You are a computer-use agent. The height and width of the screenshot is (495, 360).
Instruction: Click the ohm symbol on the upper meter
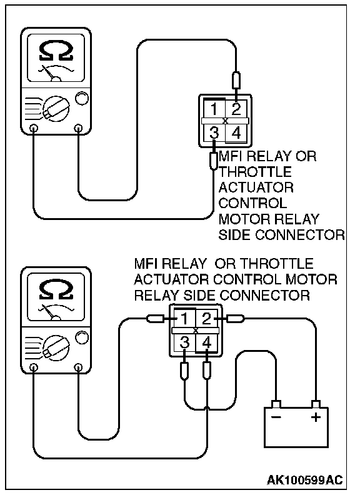point(56,52)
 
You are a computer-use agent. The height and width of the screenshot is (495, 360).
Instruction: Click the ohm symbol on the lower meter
point(56,291)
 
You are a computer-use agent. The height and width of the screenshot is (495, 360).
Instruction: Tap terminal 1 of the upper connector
point(214,109)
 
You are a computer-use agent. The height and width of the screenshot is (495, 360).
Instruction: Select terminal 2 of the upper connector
point(236,109)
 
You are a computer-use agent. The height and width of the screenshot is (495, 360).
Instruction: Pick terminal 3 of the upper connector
point(214,133)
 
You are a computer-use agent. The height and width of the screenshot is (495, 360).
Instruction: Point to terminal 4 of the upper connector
point(236,133)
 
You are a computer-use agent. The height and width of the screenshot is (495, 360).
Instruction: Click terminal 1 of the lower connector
point(185,319)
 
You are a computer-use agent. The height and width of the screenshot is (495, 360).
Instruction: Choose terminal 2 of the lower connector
point(206,319)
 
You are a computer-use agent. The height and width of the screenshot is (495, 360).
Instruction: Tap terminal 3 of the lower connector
point(185,342)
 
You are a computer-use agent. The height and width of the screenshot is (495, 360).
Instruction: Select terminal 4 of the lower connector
point(206,342)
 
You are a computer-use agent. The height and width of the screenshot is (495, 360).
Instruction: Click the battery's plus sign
point(316,417)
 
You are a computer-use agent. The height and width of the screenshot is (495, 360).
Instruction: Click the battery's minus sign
point(276,417)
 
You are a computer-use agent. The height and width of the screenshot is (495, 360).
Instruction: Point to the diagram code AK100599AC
point(305,480)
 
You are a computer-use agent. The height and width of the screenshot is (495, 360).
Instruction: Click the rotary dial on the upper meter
point(56,109)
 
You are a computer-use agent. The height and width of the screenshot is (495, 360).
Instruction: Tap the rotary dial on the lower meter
point(56,348)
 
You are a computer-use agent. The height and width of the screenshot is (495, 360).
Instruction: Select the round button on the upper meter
point(81,98)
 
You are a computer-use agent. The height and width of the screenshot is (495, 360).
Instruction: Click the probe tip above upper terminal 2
point(236,81)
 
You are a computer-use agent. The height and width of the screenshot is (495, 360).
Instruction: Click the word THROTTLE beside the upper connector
point(255,172)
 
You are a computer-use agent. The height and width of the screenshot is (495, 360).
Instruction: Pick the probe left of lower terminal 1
point(156,319)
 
